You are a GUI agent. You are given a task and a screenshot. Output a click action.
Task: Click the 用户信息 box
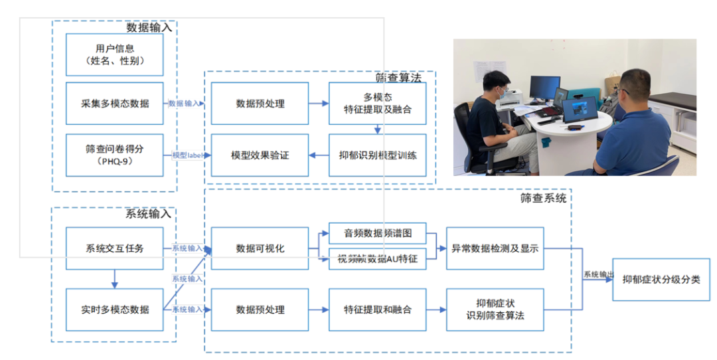coord(115,54)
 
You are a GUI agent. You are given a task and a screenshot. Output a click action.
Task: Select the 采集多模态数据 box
coord(115,104)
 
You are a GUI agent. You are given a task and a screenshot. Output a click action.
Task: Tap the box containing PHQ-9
coord(115,155)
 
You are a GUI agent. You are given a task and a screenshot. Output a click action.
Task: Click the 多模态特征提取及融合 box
coord(377,104)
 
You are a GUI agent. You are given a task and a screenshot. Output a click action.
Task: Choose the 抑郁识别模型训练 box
coord(377,155)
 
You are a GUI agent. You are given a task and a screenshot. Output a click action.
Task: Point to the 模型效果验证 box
coord(260,155)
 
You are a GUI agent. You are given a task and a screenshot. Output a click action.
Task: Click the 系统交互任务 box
coord(115,248)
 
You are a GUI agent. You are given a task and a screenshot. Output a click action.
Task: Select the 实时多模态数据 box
coord(115,310)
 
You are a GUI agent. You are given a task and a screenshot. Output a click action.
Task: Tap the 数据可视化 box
coord(260,248)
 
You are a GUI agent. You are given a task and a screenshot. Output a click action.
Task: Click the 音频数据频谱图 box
coord(377,233)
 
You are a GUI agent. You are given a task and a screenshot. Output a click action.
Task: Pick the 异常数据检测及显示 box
coord(495,248)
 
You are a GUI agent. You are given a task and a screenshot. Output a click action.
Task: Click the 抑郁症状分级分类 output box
coord(661,280)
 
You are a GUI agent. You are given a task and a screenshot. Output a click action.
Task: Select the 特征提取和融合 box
coord(377,310)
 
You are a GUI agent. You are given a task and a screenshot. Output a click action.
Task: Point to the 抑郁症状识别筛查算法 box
coord(495,310)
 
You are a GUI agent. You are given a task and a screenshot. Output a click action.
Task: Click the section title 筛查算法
coord(398,78)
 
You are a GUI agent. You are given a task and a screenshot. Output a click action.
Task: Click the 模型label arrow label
coord(187,155)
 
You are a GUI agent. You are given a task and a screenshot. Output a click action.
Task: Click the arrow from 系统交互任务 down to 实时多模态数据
coord(115,279)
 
